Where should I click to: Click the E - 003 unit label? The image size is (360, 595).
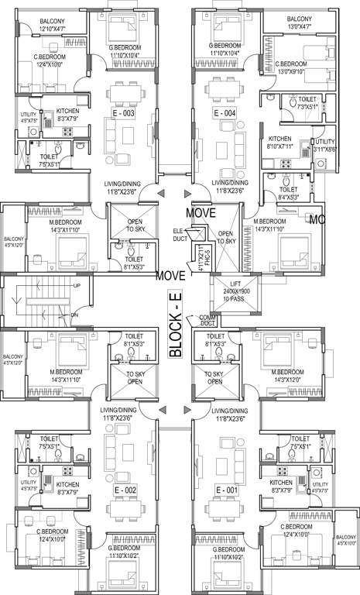click(124, 113)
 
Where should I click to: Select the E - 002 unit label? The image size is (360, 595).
click(125, 490)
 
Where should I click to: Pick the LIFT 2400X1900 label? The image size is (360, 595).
click(225, 289)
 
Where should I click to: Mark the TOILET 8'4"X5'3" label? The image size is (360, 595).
click(288, 193)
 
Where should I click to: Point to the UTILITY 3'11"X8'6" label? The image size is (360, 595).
click(324, 145)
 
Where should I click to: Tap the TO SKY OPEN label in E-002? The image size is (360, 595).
click(125, 378)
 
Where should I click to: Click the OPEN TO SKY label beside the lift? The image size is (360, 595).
click(225, 237)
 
